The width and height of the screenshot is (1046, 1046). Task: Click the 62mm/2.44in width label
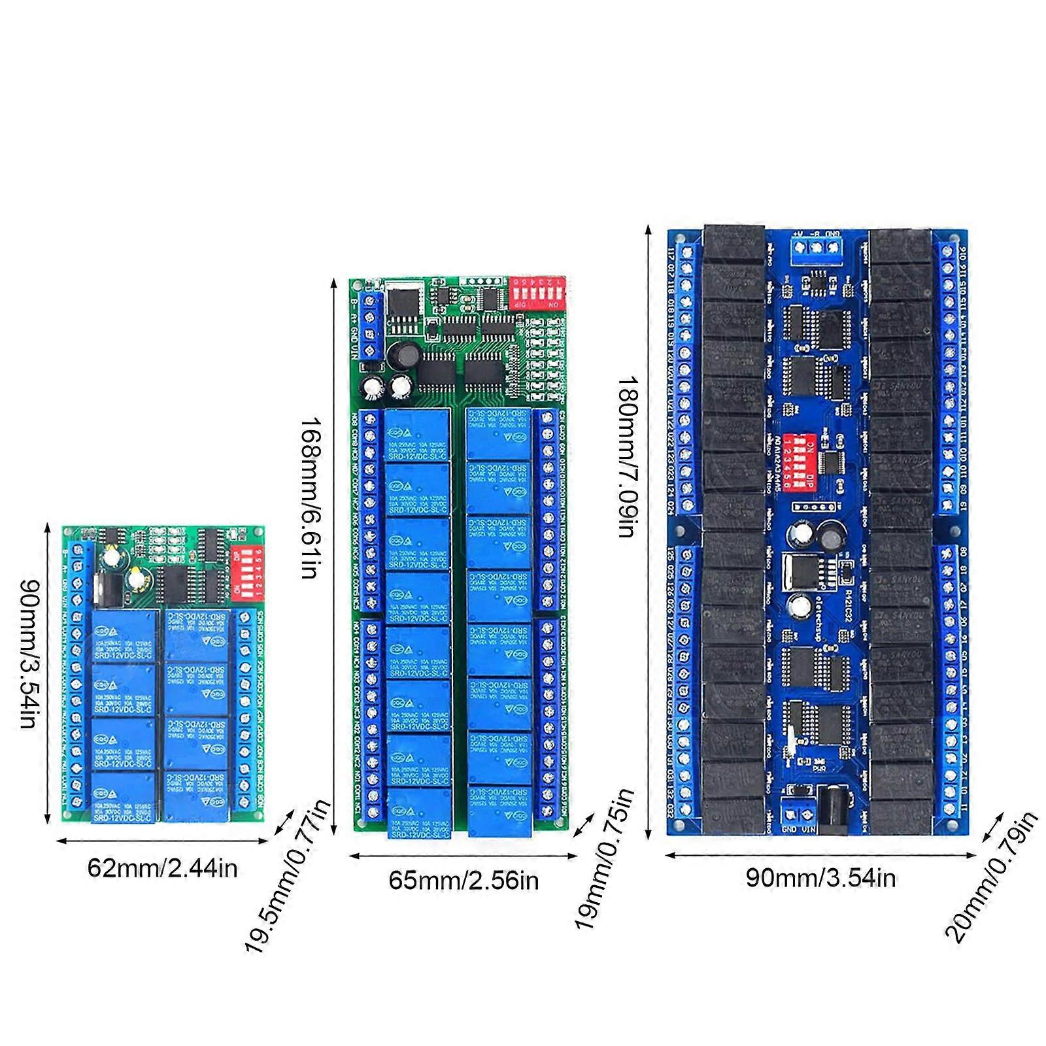162,869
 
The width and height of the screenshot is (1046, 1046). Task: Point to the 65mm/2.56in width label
464,881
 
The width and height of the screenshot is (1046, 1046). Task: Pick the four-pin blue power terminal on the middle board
370,326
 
